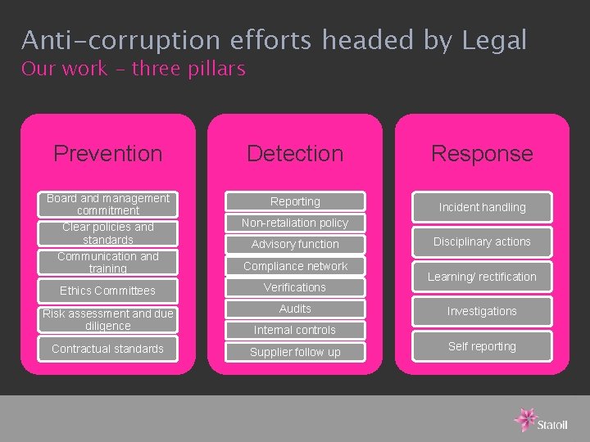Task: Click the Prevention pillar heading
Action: click(107, 153)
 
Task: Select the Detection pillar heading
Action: click(295, 153)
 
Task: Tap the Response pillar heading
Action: click(482, 153)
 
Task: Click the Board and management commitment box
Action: click(107, 205)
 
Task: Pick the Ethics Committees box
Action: click(107, 291)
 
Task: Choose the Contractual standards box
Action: click(107, 349)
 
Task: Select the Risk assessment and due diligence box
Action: click(107, 319)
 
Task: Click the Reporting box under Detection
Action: click(295, 201)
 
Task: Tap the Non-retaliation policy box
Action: click(295, 223)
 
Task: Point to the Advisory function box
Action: click(295, 244)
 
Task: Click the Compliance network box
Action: click(295, 266)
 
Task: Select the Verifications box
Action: click(295, 287)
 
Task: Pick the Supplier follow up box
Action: click(295, 352)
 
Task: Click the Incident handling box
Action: click(482, 207)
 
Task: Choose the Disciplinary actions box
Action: click(482, 241)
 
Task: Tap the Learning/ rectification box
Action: click(482, 277)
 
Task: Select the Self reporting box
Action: click(482, 346)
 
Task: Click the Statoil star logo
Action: click(525, 418)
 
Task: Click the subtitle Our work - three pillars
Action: click(134, 69)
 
